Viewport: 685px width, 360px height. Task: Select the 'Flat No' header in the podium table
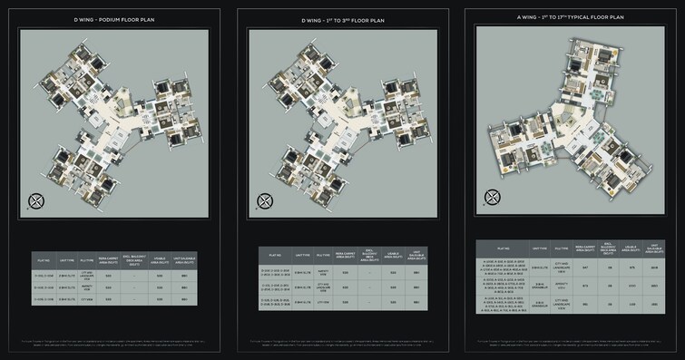(x=43, y=260)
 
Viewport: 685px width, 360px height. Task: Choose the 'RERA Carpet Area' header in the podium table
(x=109, y=260)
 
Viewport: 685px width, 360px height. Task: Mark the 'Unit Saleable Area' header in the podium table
(x=184, y=260)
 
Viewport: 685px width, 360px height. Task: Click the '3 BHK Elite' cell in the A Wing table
(x=539, y=287)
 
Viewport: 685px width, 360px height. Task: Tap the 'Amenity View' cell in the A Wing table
(x=562, y=287)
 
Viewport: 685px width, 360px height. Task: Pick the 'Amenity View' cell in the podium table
(x=87, y=287)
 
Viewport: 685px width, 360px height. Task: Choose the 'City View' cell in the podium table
(x=87, y=301)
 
